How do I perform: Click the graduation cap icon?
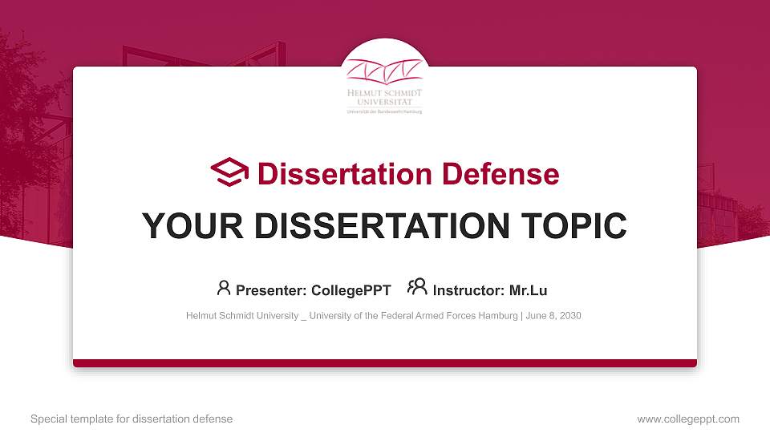click(x=229, y=172)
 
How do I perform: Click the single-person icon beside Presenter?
click(x=224, y=287)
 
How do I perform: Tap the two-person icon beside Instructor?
click(x=417, y=287)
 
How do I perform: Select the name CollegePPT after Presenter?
click(x=351, y=290)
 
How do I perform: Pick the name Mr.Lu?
click(x=528, y=290)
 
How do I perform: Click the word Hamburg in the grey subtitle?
click(x=498, y=316)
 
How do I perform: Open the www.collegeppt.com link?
click(x=688, y=419)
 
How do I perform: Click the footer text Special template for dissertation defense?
click(x=132, y=419)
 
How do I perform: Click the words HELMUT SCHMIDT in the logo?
click(x=384, y=93)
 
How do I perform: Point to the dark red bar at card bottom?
click(x=385, y=363)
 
